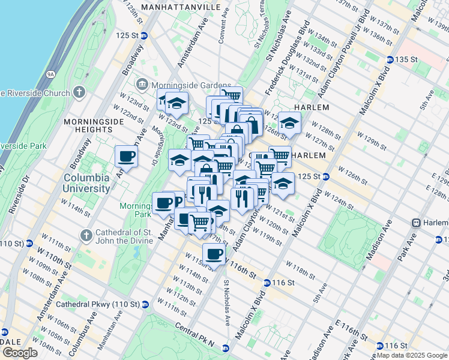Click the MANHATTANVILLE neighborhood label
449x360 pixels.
coord(172,7)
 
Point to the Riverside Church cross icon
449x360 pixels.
coord(79,92)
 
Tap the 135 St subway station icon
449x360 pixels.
coord(390,59)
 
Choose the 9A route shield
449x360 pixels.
coord(51,74)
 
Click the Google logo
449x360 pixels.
coord(19,353)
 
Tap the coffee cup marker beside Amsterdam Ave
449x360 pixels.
coord(127,157)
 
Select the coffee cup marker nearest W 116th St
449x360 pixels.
coord(214,254)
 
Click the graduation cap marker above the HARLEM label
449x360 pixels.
coord(289,123)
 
